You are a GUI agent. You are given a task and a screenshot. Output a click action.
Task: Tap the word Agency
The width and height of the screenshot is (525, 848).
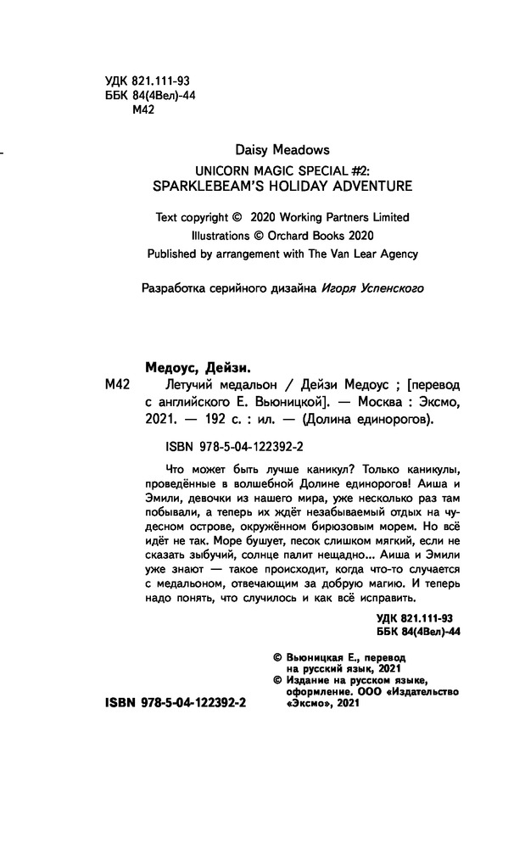(397, 254)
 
